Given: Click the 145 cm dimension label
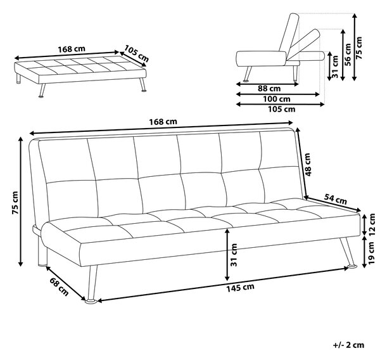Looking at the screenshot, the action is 240,288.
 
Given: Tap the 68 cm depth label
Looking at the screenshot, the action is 59,286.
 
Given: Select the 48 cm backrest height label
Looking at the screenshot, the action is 307,165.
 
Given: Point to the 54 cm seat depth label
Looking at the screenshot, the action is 336,199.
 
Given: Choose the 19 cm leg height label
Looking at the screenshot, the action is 372,253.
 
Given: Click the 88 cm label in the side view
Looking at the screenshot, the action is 269,89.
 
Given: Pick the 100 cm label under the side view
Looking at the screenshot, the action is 277,99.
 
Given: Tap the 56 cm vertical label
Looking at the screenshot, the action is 348,55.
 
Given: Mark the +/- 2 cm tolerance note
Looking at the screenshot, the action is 348,345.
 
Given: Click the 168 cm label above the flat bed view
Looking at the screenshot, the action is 72,49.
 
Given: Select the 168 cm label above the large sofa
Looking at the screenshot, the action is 163,122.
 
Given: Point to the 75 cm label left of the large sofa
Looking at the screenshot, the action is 15,203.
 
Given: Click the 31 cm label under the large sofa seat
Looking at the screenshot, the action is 234,255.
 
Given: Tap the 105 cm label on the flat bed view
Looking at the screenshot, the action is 136,54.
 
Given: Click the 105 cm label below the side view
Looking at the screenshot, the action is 281,110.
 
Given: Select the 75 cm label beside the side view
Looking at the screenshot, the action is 358,48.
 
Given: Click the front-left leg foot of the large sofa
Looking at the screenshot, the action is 91,302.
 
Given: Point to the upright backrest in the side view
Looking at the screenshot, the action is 289,32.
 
